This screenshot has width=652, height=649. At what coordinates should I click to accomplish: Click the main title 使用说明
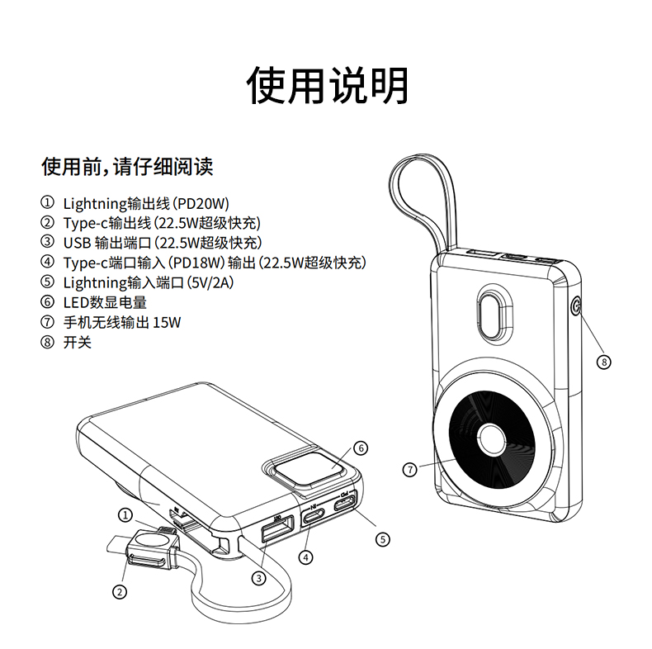click(328, 84)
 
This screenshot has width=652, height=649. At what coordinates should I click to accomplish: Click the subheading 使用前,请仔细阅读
click(127, 168)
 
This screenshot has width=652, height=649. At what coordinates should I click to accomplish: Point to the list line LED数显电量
click(105, 302)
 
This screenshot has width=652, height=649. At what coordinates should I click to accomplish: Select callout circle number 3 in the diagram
click(259, 578)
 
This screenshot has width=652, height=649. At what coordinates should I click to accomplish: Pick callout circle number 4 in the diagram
click(306, 557)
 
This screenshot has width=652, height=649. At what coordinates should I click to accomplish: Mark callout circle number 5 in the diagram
click(382, 538)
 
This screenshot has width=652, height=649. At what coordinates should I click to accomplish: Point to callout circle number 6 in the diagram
click(360, 448)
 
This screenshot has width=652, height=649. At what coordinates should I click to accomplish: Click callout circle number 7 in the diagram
click(409, 469)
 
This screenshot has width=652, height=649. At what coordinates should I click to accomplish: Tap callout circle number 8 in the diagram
click(604, 362)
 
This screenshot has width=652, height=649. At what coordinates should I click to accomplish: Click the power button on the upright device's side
click(577, 309)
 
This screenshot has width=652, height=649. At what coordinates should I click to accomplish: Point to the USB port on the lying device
click(274, 528)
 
